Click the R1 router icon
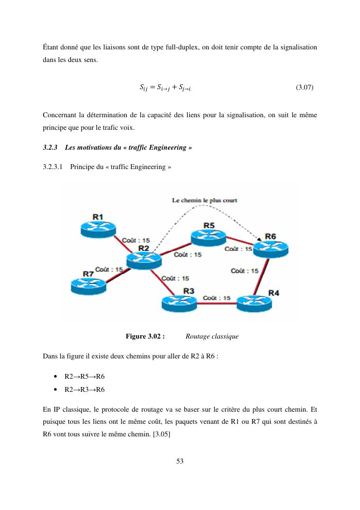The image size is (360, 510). coord(98,228)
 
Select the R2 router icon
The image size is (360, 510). coord(143,260)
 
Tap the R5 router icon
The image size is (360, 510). coord(208,236)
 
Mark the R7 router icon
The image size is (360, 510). coord(88,285)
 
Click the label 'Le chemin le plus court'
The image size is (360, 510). coord(205,200)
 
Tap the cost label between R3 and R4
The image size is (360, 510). coord(217,297)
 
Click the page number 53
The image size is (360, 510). coord(180,461)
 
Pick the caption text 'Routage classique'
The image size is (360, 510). coord(212,336)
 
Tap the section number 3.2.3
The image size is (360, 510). coord(50,147)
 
